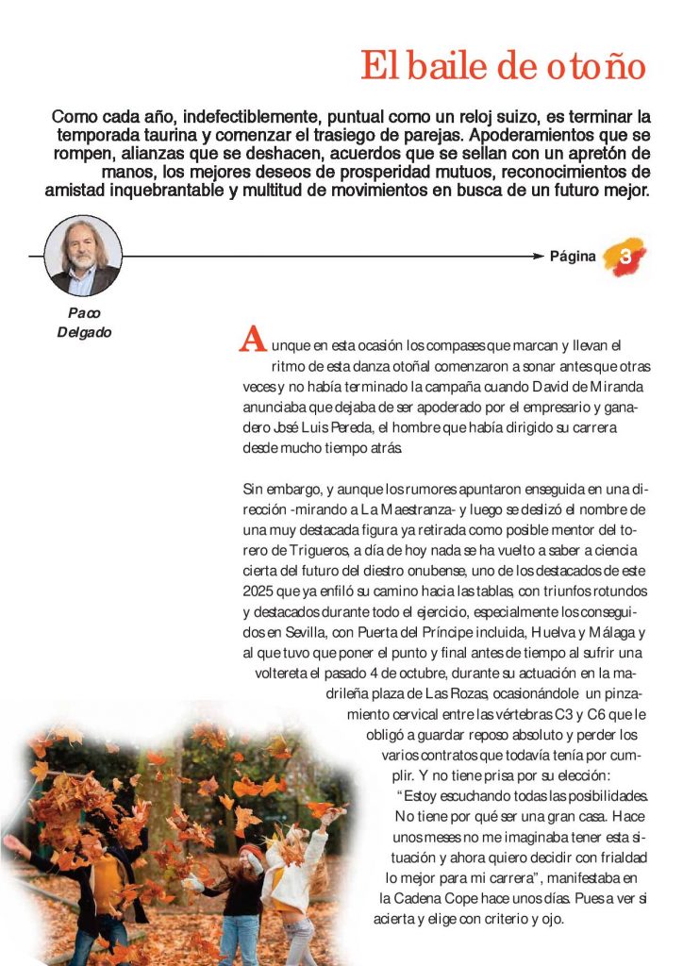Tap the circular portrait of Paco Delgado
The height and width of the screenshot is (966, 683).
(83, 256)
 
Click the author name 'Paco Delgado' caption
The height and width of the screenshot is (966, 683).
(84, 323)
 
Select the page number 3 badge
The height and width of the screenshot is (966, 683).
(625, 257)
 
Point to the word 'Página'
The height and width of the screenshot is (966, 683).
(573, 257)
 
